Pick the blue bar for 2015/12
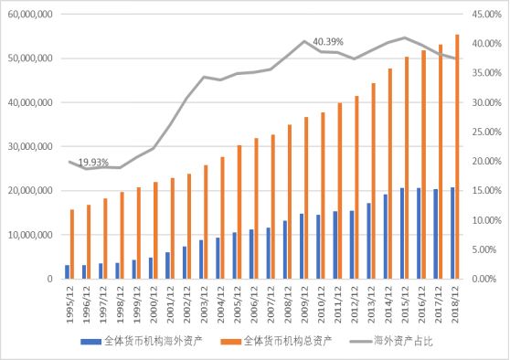[x=402, y=233]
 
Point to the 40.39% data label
[x=328, y=42]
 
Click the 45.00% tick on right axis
[x=485, y=15]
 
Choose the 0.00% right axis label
[x=487, y=279]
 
